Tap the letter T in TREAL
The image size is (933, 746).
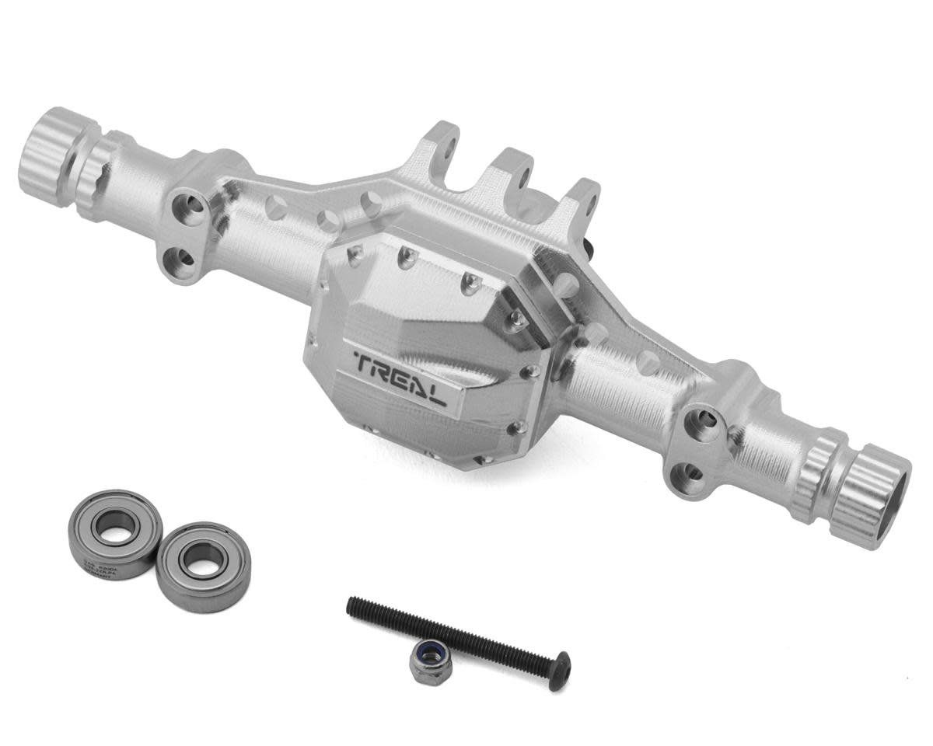(365, 360)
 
